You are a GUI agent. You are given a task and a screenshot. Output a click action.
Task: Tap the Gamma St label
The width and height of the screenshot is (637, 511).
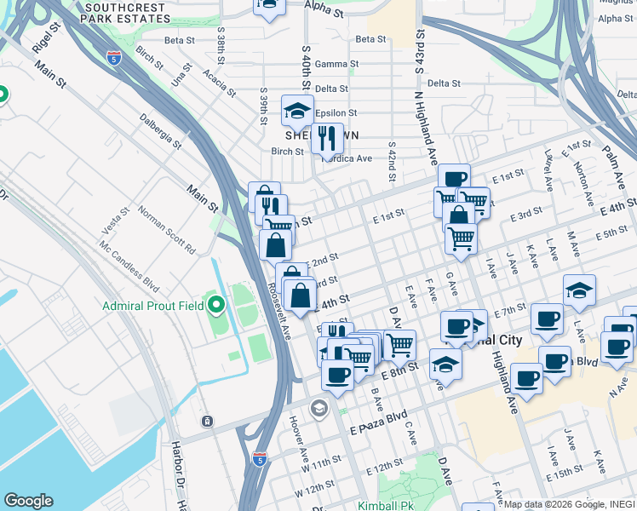(332, 64)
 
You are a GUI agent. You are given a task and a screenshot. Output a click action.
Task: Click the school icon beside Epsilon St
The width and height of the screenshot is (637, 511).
(297, 112)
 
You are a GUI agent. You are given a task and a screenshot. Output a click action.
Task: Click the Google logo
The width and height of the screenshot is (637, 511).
(27, 501)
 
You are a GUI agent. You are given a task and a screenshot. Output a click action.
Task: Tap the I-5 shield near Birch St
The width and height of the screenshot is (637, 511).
(114, 58)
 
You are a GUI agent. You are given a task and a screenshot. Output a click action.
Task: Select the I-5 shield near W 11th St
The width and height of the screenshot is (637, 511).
(259, 459)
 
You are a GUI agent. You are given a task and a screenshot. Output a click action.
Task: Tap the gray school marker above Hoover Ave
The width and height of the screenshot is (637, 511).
(318, 407)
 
